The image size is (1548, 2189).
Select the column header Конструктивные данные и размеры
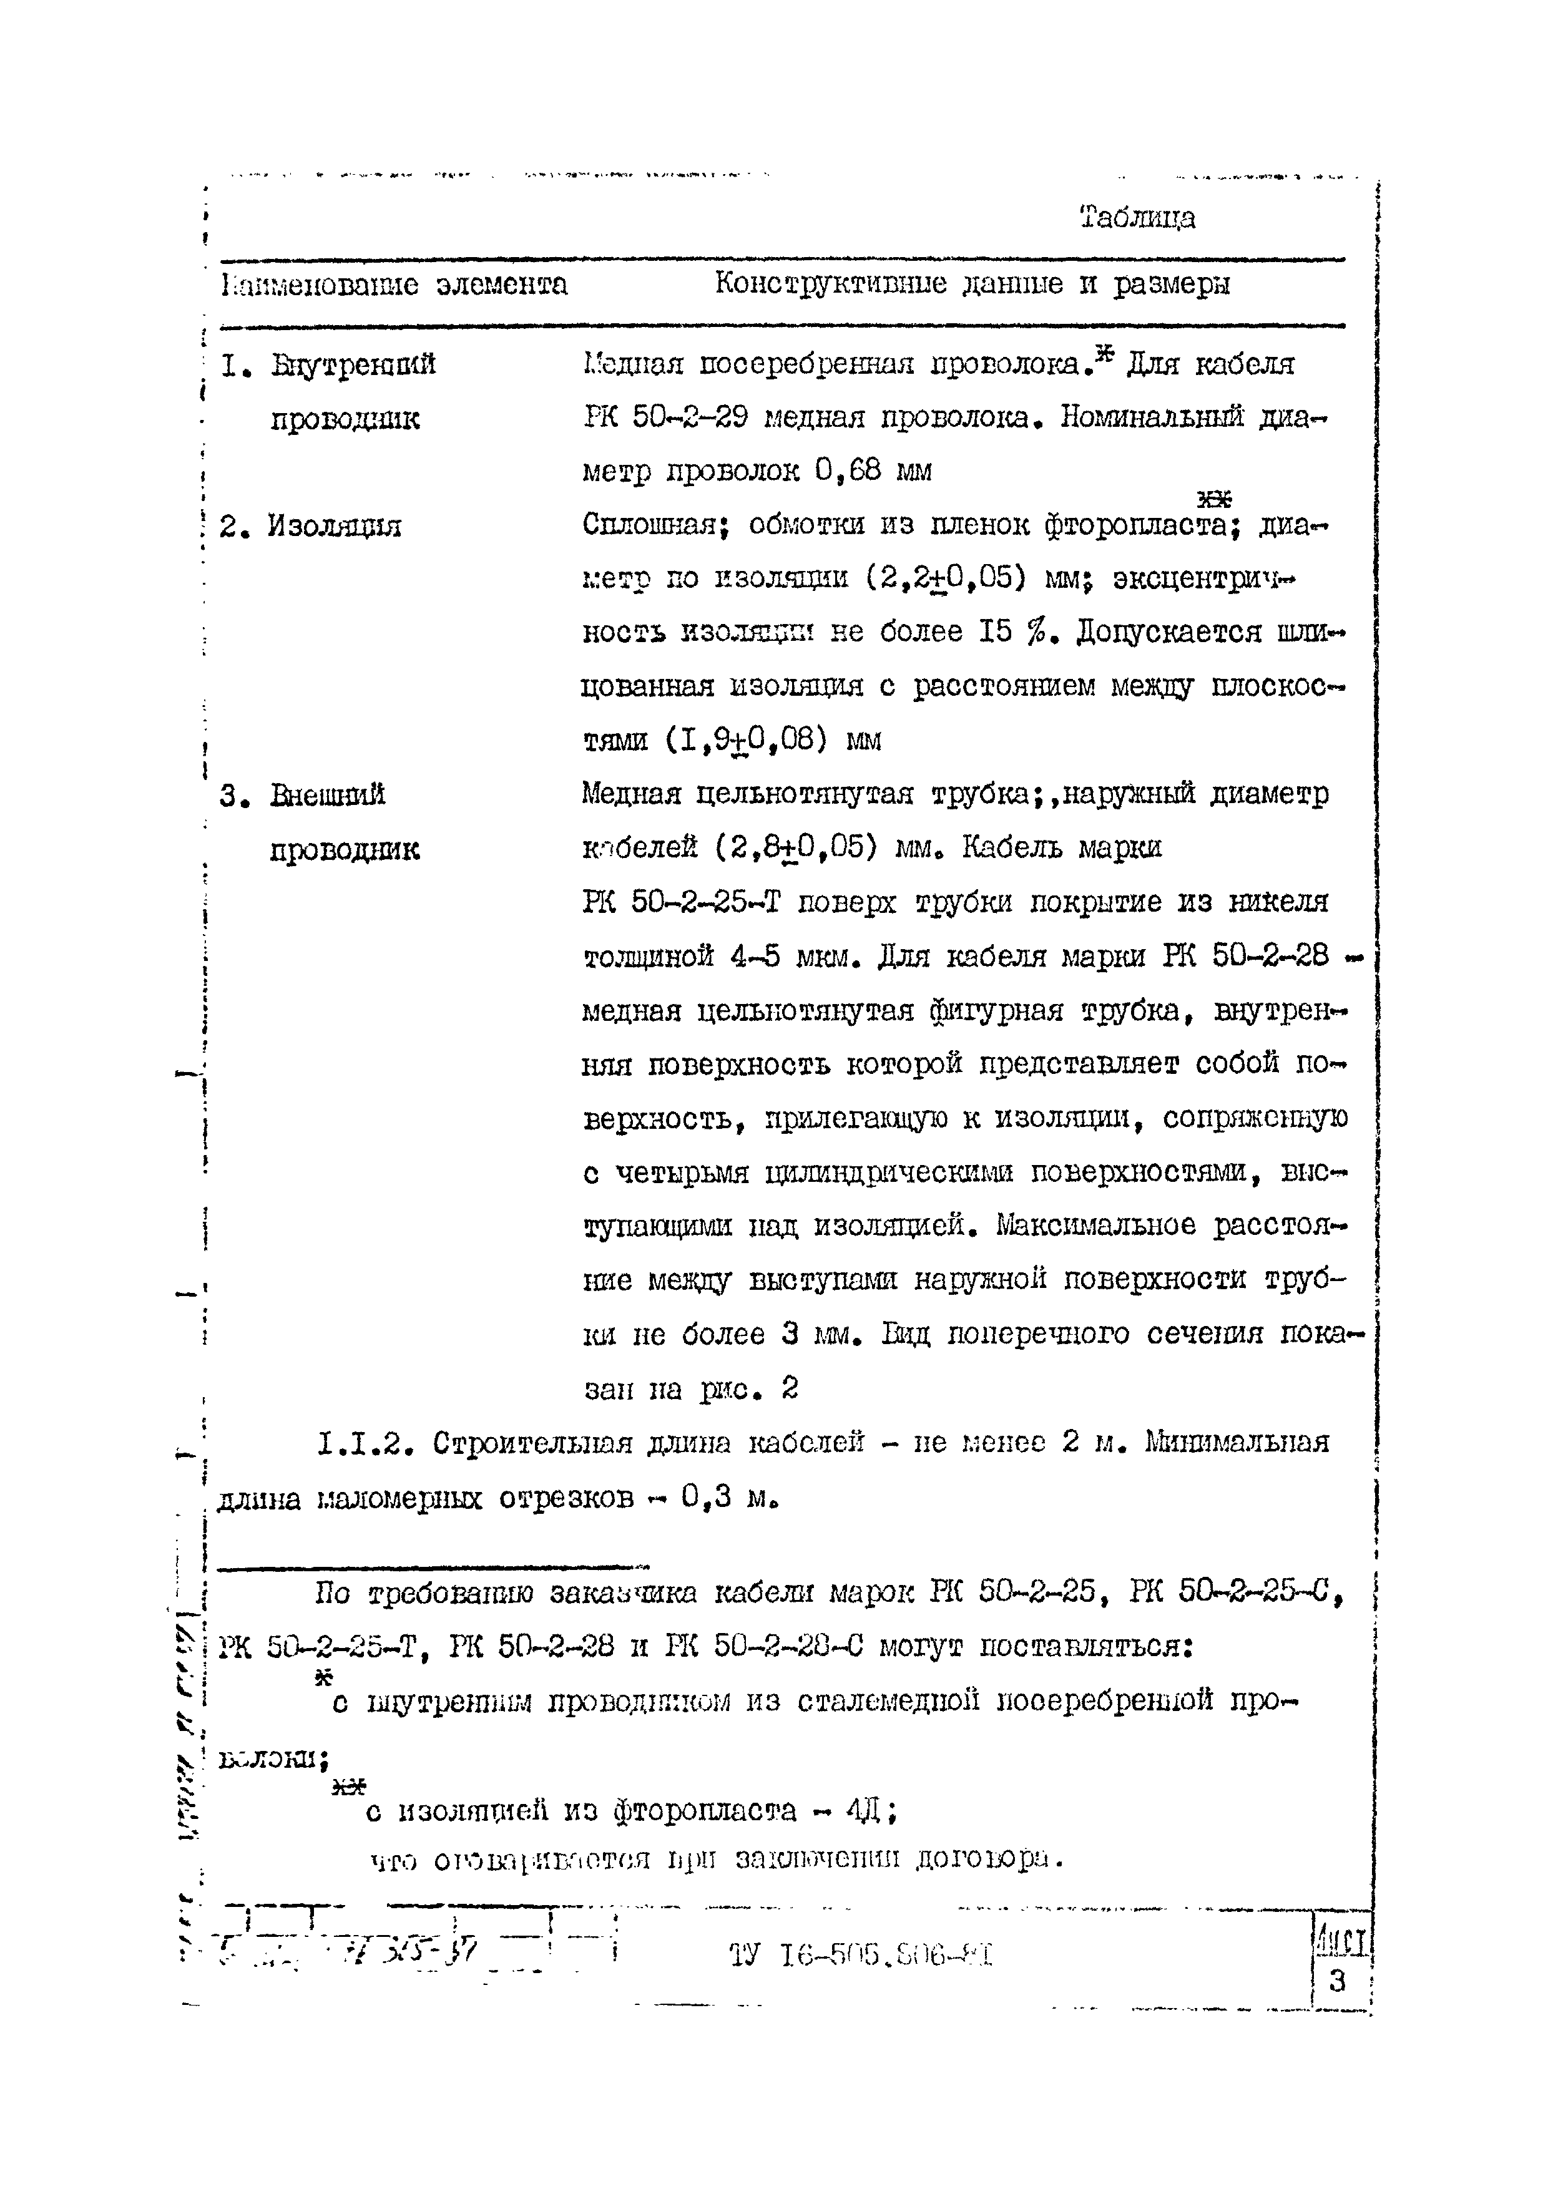(x=972, y=284)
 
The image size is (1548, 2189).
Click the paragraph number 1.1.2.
(x=367, y=1443)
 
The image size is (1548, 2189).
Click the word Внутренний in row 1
(x=353, y=364)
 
